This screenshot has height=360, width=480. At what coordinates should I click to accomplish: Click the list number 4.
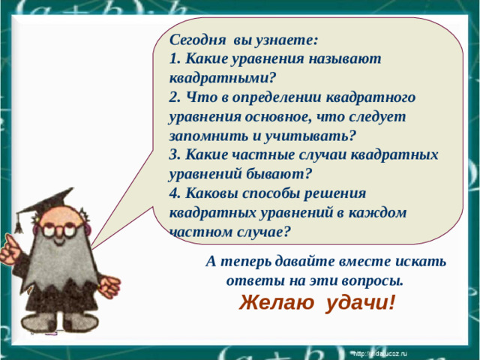pos(175,193)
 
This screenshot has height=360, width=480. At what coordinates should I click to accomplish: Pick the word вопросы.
pos(367,282)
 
